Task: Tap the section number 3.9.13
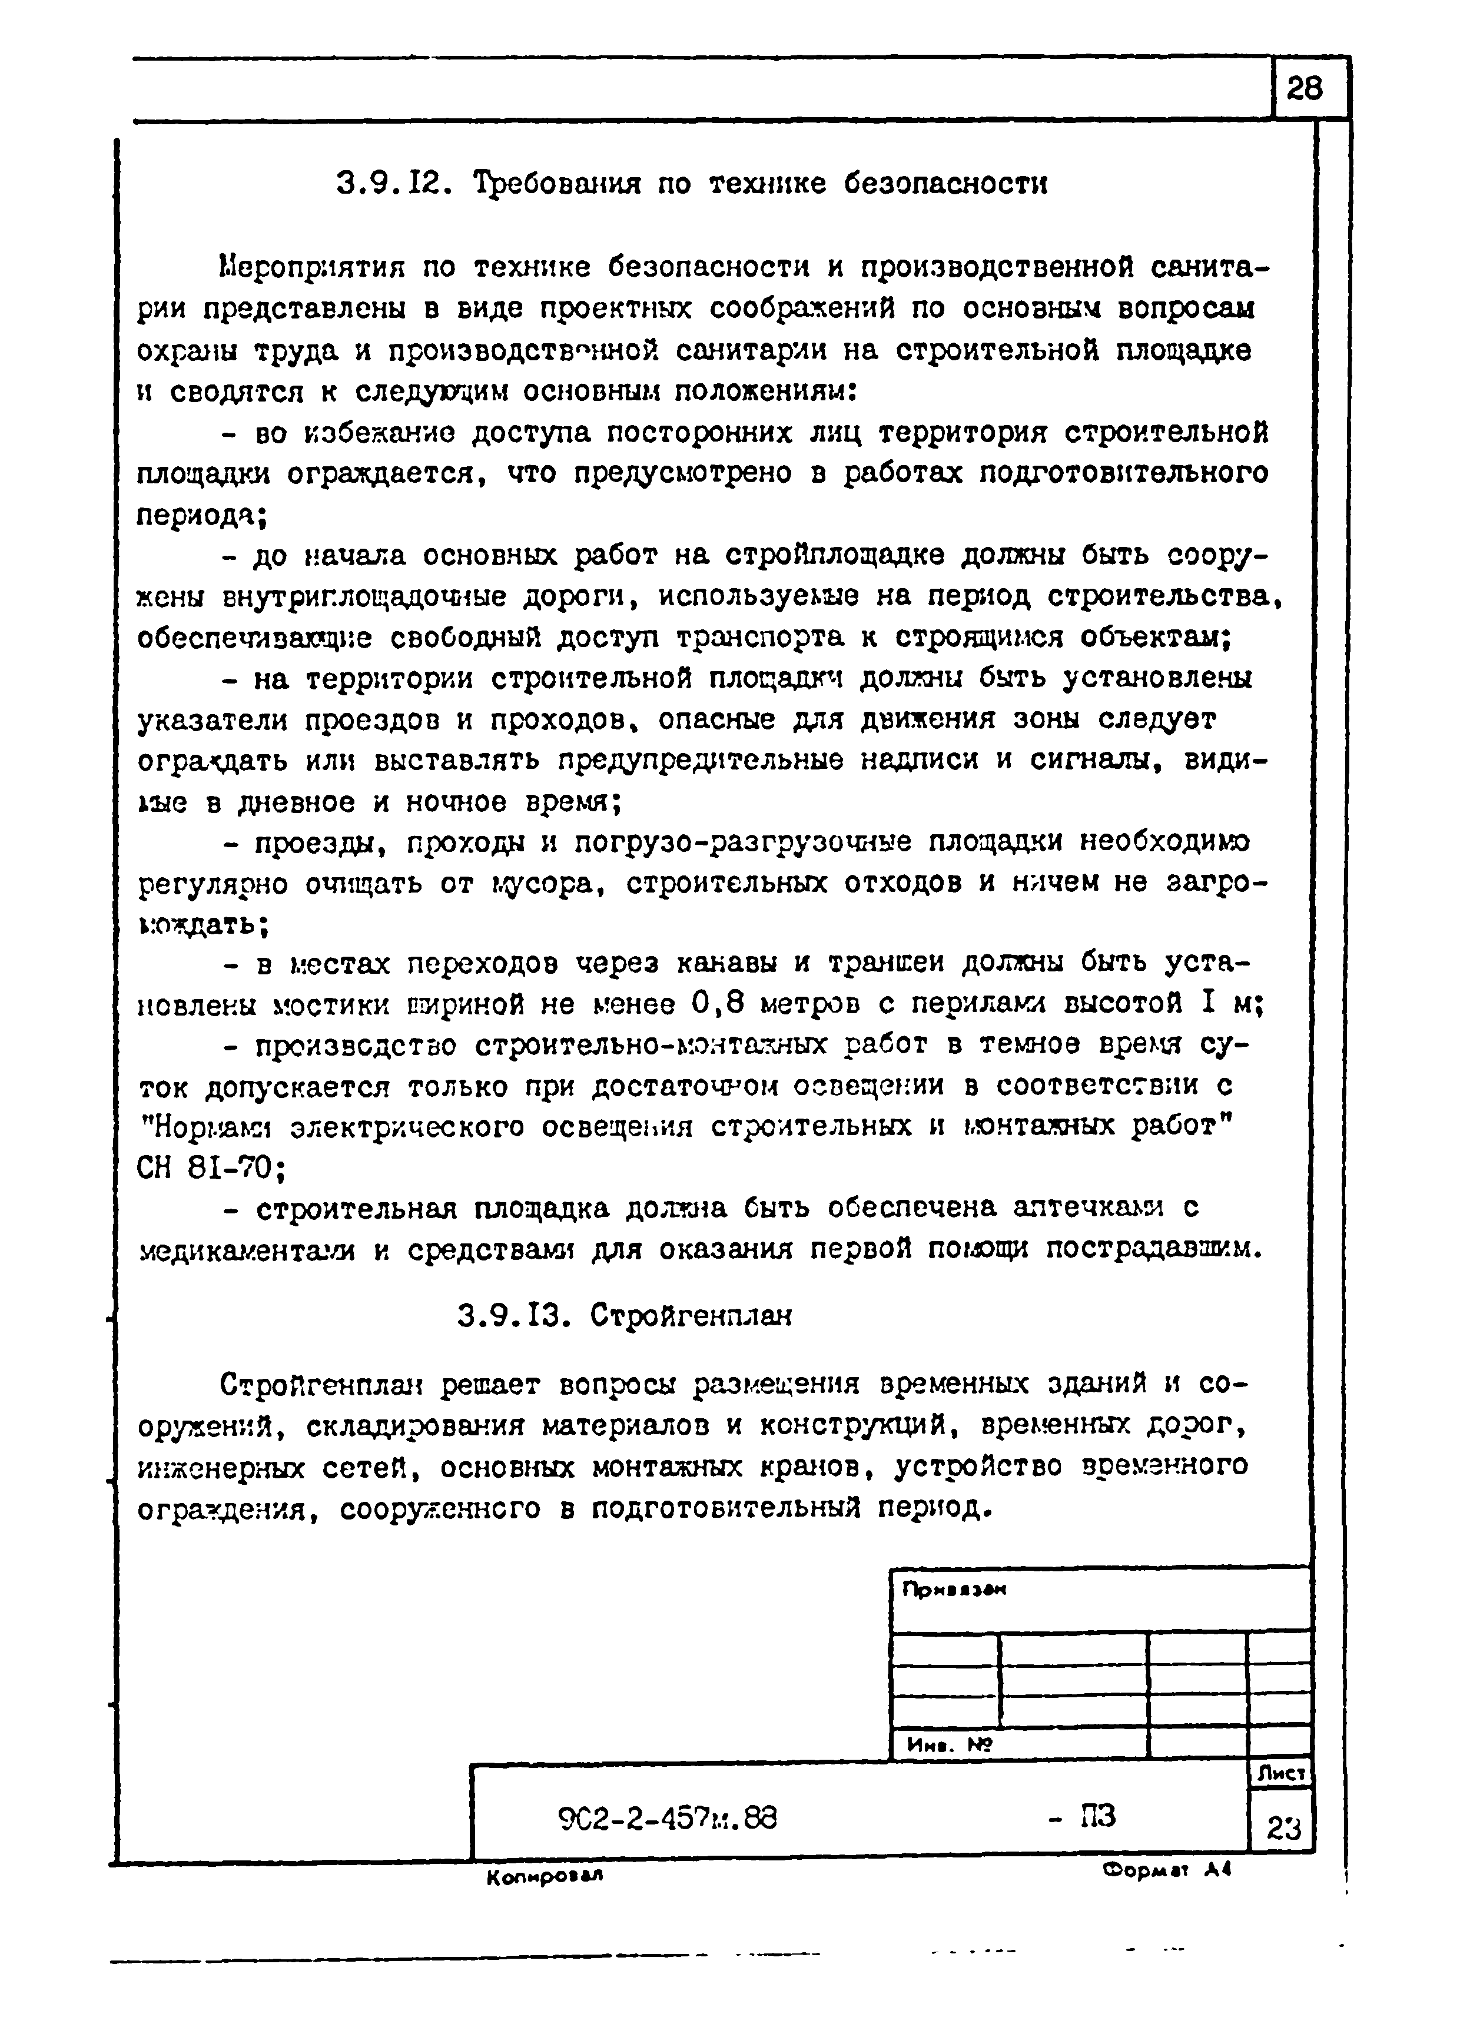511,1315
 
